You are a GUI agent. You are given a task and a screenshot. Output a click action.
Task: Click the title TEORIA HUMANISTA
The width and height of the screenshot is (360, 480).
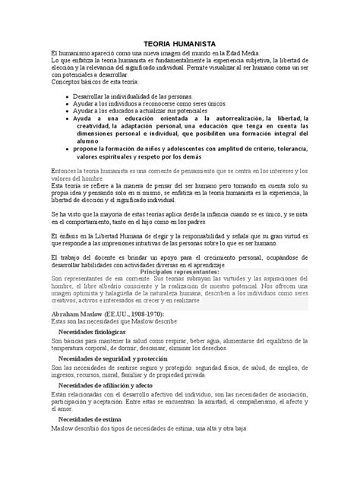click(x=180, y=46)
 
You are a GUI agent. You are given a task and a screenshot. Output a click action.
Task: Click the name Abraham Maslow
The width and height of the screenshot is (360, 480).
click(x=81, y=314)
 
